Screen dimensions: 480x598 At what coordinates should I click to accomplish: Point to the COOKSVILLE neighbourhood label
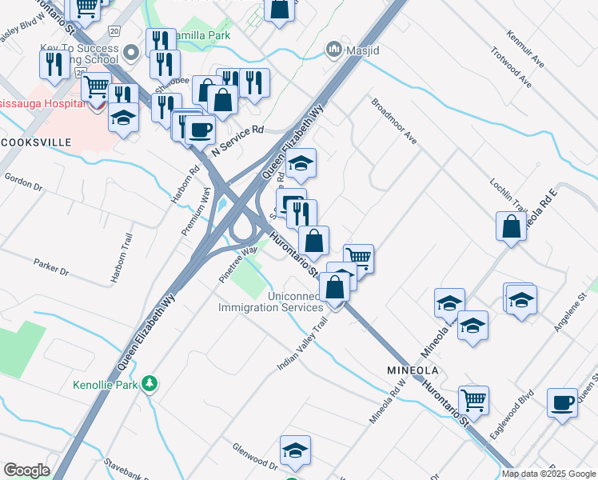coord(36,142)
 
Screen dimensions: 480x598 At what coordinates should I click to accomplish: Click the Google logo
coord(26,470)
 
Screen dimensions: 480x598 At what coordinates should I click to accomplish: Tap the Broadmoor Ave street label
coord(394,121)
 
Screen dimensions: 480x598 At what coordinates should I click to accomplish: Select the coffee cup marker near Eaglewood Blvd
coord(562,402)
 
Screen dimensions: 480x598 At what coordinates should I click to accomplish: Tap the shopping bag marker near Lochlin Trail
coord(511,226)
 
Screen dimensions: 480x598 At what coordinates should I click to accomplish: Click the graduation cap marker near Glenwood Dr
coord(295,450)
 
